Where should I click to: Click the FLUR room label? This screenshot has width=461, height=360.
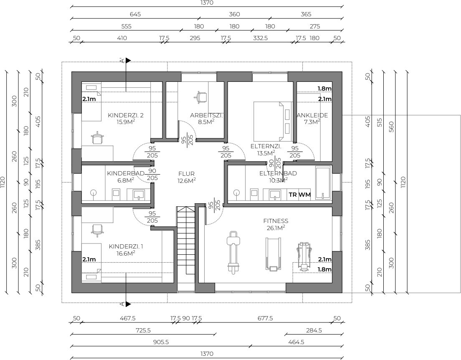(x=186, y=174)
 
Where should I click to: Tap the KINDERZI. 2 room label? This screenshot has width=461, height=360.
(x=126, y=115)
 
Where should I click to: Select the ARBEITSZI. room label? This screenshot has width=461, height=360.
(x=206, y=115)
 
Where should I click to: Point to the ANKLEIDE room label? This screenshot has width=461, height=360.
(x=312, y=115)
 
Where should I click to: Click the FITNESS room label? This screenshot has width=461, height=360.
(x=276, y=221)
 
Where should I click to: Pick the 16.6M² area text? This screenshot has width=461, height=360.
(x=126, y=254)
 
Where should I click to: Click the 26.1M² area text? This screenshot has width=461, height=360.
(x=276, y=228)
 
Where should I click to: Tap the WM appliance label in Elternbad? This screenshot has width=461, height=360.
(x=305, y=195)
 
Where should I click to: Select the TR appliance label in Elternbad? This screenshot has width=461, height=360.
(x=293, y=195)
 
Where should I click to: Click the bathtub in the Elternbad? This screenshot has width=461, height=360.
(x=323, y=183)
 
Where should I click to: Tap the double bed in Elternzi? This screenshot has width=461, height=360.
(x=273, y=121)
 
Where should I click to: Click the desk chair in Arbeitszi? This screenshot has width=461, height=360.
(x=200, y=97)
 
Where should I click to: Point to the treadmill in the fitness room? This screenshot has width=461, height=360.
(x=274, y=254)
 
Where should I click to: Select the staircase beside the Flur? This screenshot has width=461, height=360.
(x=185, y=245)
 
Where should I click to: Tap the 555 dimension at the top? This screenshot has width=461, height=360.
(x=127, y=26)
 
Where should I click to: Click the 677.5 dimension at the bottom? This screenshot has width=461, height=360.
(x=265, y=318)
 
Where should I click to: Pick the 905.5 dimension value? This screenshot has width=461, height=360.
(x=161, y=342)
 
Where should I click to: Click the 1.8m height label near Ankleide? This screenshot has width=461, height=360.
(x=324, y=89)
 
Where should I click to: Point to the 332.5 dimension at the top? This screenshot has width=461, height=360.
(x=261, y=38)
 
